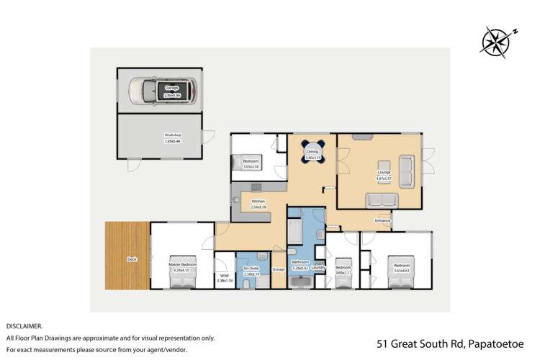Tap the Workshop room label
click(172, 135)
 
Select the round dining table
click(313, 151)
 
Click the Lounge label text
click(384, 172)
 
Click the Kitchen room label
click(258, 201)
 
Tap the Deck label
click(132, 258)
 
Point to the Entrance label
click(382, 220)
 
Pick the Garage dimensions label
click(172, 95)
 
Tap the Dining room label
click(312, 152)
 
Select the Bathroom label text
click(299, 263)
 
